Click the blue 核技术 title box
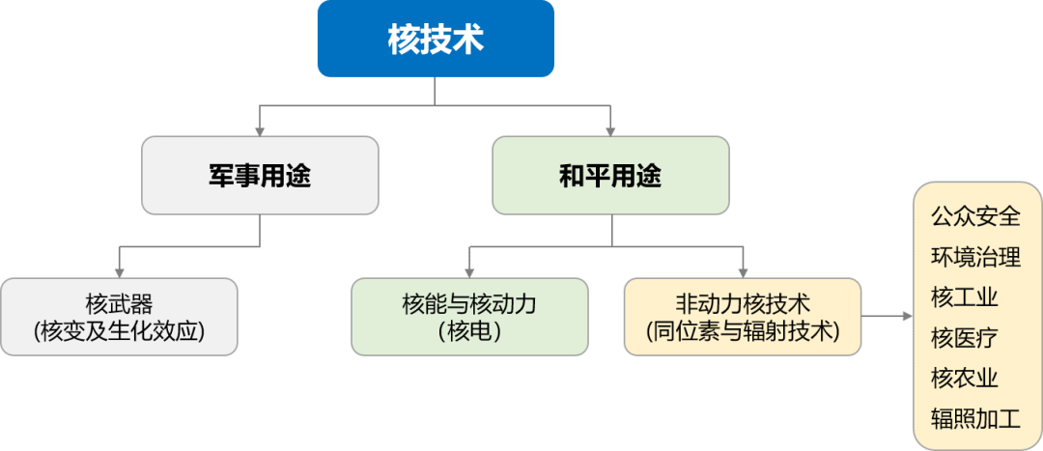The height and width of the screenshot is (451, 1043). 435,39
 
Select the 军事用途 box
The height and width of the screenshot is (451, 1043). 260,175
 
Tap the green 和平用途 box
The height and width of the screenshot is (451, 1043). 610,175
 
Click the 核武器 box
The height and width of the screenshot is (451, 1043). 119,317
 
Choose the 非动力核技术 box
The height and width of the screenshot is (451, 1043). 742,317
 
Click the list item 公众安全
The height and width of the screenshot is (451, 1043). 975,215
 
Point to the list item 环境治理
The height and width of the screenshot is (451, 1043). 975,256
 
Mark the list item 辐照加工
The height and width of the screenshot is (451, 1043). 975,418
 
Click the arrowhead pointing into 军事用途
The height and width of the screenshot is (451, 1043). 260,129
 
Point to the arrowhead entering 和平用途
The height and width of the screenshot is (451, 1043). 610,129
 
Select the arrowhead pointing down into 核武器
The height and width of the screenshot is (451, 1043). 119,271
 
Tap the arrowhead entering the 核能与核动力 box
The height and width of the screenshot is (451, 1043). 468,271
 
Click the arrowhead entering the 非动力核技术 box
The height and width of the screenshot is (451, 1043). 742,271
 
